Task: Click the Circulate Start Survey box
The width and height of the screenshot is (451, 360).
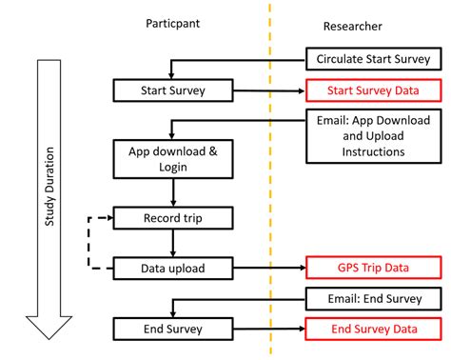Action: [375, 60]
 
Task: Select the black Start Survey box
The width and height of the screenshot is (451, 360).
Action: [172, 91]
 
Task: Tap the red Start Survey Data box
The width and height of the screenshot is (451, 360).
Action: [375, 91]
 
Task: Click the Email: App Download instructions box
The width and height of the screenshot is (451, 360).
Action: [375, 136]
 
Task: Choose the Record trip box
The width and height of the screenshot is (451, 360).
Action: [172, 218]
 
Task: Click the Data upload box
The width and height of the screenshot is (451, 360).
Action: [172, 268]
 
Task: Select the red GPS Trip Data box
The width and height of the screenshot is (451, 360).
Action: [375, 268]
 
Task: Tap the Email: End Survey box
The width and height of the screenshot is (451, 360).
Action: [375, 298]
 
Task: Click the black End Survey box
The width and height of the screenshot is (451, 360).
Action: [172, 329]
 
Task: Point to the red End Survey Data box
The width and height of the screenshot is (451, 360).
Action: [375, 329]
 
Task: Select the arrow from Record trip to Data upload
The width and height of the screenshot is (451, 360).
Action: [172, 243]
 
